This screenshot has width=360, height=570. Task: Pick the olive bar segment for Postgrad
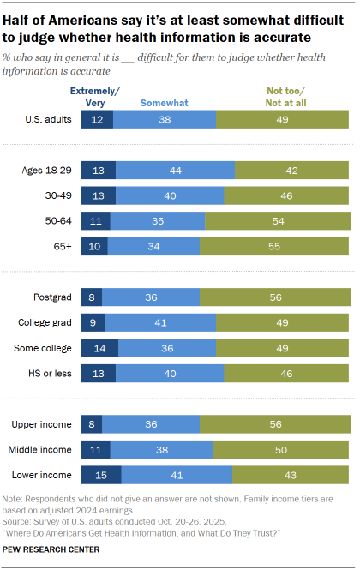tap(274, 297)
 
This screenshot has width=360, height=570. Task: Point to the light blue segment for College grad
tap(160, 323)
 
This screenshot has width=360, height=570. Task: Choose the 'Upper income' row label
tap(44, 423)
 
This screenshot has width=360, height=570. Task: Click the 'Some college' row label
tap(46, 349)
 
